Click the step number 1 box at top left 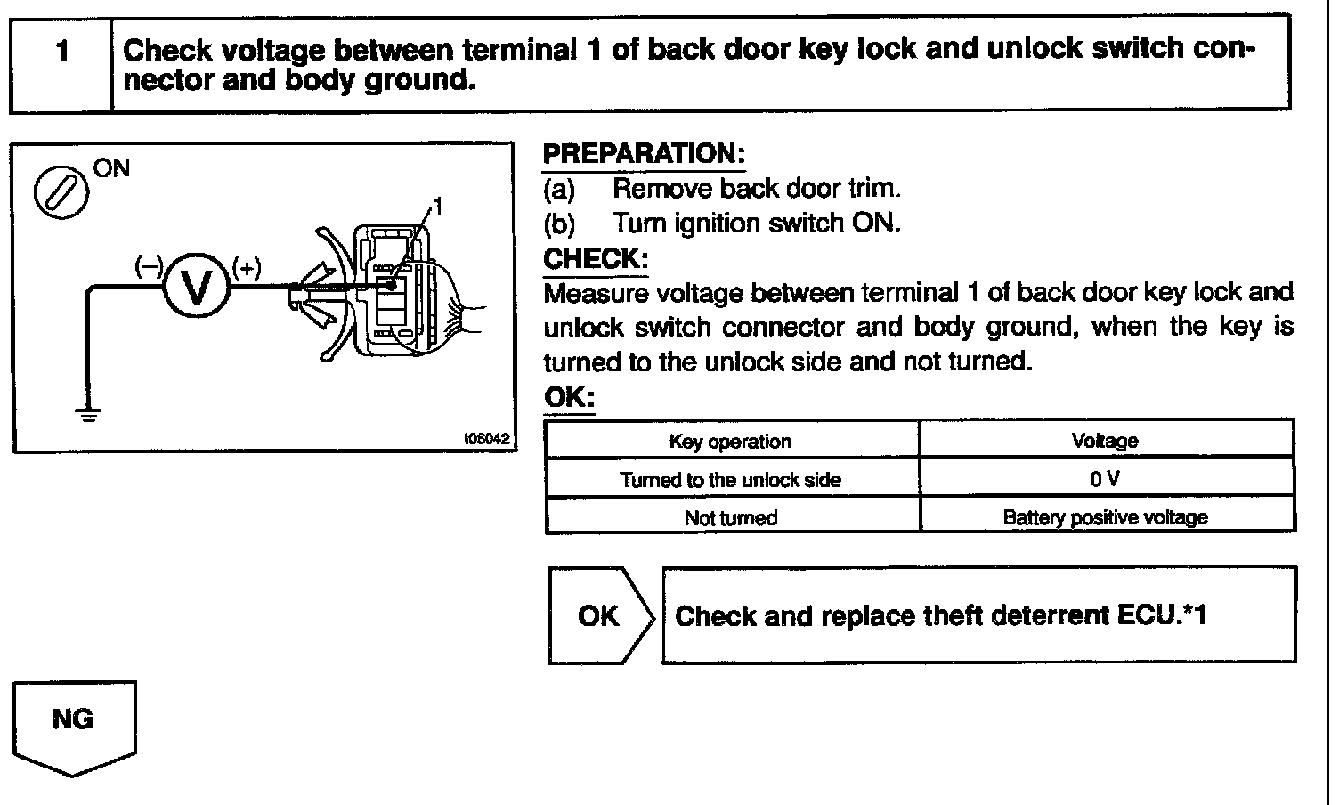click(61, 63)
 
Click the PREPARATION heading click(644, 153)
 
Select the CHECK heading click(596, 259)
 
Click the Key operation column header click(730, 441)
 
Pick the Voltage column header click(1105, 441)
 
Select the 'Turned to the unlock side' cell click(730, 480)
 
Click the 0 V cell click(1105, 479)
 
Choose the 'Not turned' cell click(730, 517)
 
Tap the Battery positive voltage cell click(1105, 517)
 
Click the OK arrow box click(599, 615)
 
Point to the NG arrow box click(74, 722)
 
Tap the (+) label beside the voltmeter click(247, 267)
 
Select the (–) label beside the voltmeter click(148, 266)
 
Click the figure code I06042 click(485, 439)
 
